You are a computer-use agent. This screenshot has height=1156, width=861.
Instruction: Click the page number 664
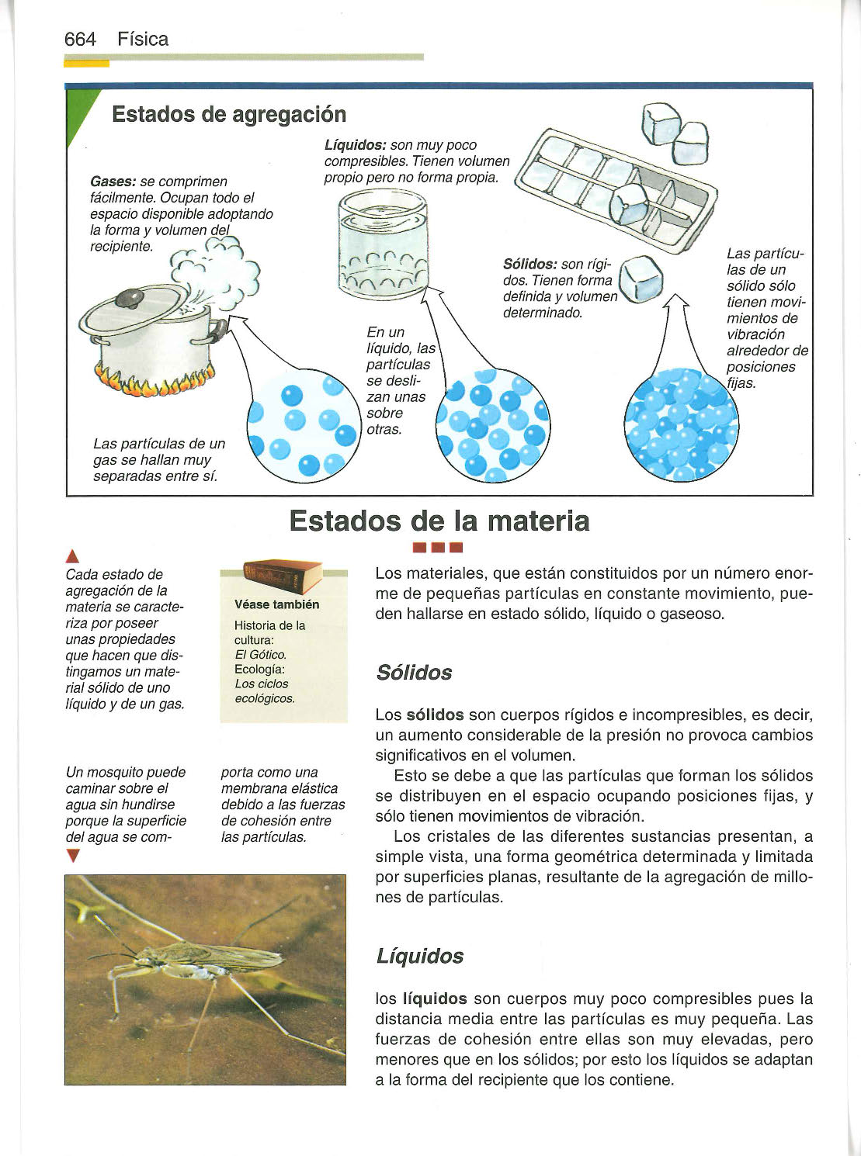point(80,40)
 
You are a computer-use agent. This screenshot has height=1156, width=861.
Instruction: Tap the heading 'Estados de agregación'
point(229,115)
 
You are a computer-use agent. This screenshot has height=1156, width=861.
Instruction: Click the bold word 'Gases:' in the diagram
point(113,182)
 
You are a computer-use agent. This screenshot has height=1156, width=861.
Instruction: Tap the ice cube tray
point(617,187)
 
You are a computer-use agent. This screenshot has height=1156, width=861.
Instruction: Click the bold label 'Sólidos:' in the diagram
point(530,265)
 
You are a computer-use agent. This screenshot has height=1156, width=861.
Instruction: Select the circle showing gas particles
point(304,424)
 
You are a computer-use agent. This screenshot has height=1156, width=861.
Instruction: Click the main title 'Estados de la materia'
point(439,521)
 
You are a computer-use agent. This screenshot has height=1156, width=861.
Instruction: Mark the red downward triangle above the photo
point(73,857)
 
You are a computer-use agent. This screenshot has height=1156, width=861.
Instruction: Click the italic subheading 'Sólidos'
point(414,672)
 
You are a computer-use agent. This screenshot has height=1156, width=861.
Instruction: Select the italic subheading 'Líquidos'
point(419,956)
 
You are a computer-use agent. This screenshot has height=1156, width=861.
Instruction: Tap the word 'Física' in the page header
point(143,40)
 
